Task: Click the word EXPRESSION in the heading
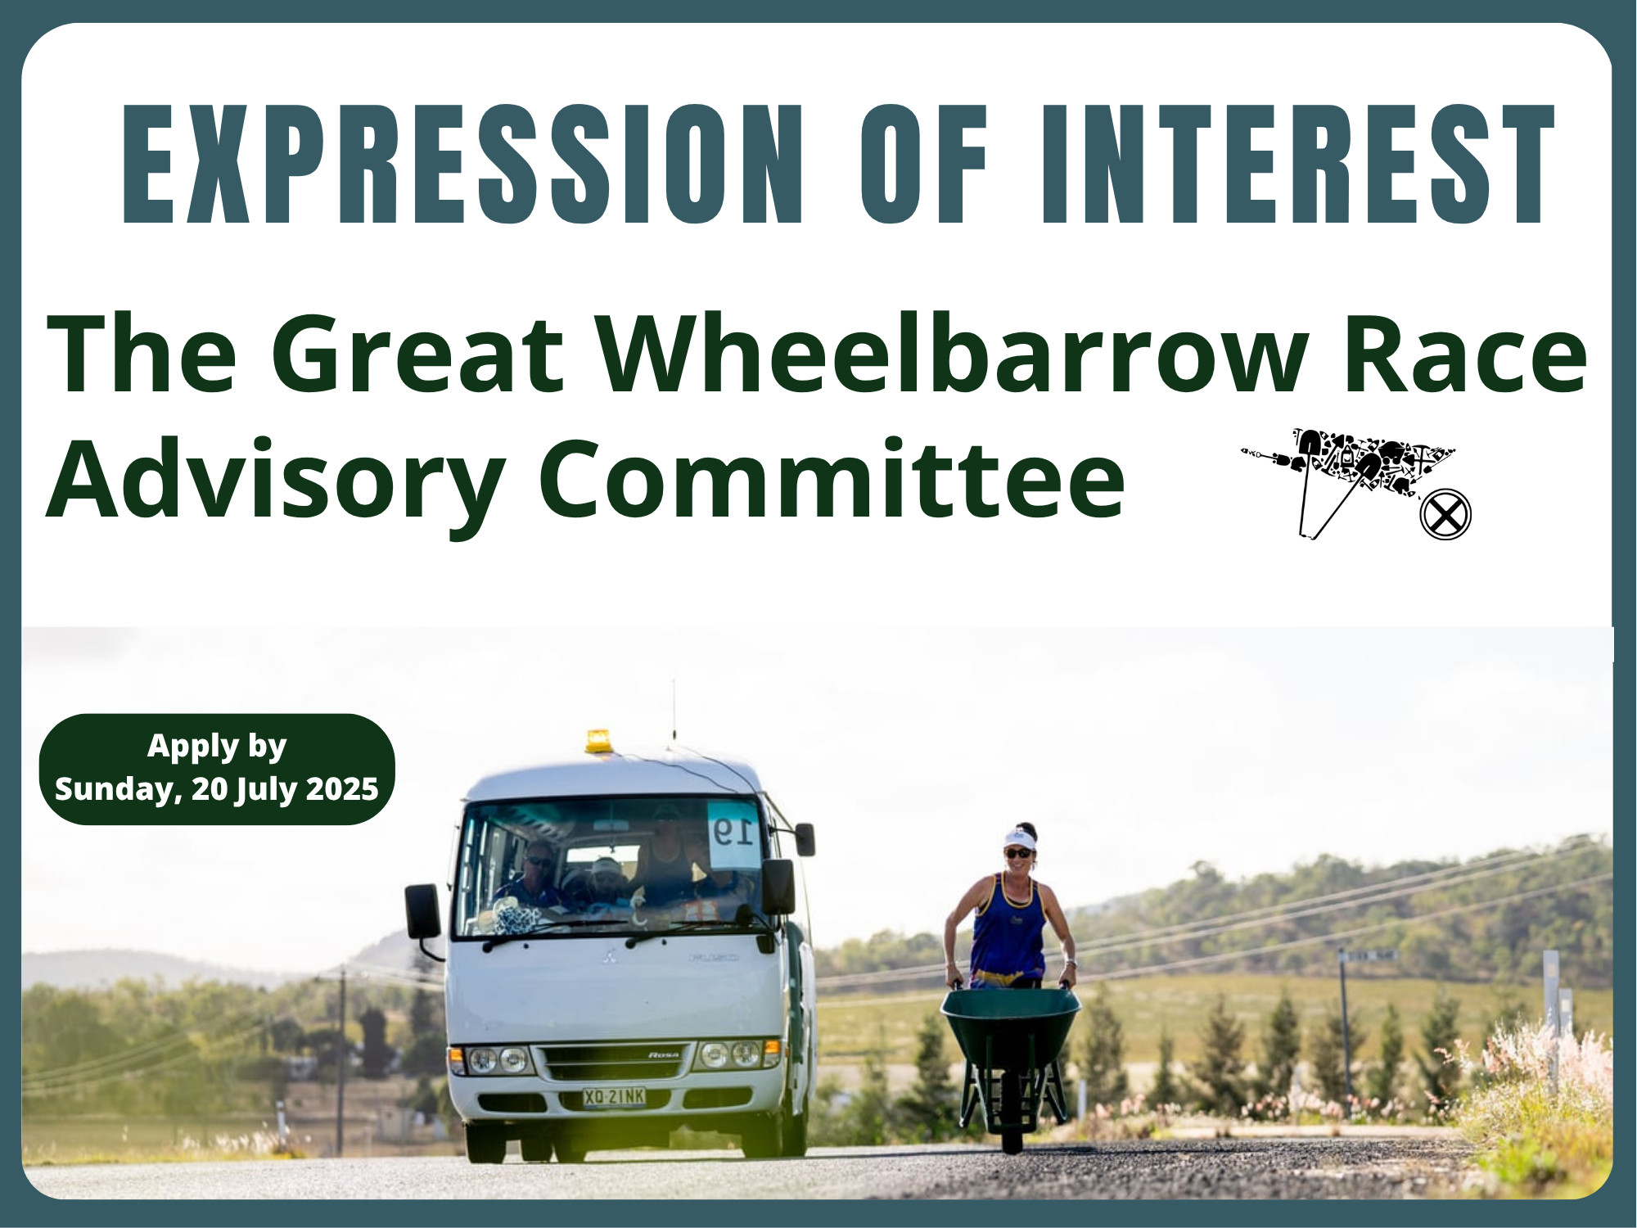[x=463, y=164]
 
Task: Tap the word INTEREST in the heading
[x=1297, y=164]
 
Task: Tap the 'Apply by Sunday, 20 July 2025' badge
[x=217, y=769]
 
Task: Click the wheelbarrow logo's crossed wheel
[x=1445, y=515]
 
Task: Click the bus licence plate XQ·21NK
[x=614, y=1097]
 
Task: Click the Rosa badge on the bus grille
[x=664, y=1055]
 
